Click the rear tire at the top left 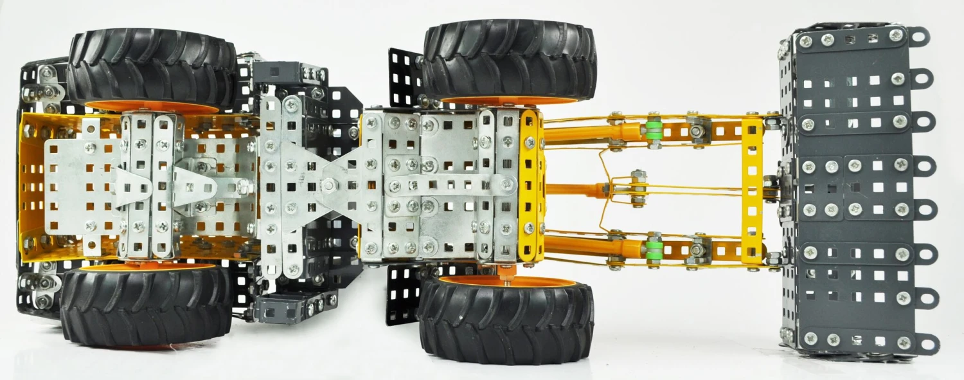(151, 64)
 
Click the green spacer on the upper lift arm (654, 129)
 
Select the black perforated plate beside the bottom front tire (404, 296)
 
